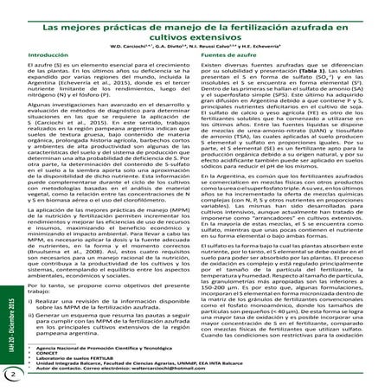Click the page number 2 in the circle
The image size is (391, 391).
11,374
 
